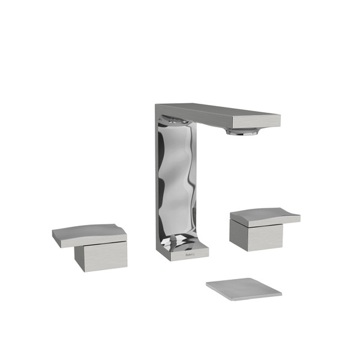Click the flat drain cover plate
[x=243, y=288]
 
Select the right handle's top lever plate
[x=264, y=216]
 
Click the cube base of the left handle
[x=101, y=257]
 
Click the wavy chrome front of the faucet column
[x=177, y=180]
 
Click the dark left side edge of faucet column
[x=158, y=180]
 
